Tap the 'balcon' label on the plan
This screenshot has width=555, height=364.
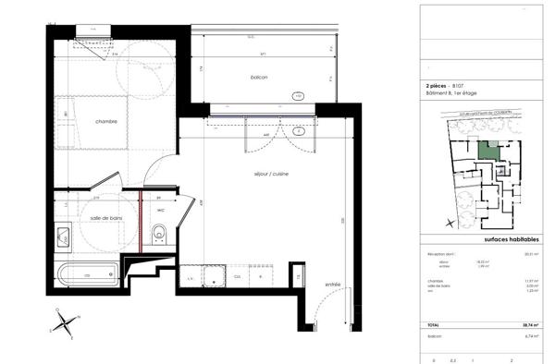pos(259,77)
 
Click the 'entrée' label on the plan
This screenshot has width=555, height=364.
pos(333,285)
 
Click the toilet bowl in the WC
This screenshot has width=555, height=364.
pos(159,237)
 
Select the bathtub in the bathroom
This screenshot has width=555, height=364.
pos(88,273)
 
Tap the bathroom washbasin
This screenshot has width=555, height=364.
pos(63,236)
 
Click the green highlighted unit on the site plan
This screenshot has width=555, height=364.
pos(487,150)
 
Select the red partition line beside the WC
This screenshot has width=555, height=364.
pos(140,222)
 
